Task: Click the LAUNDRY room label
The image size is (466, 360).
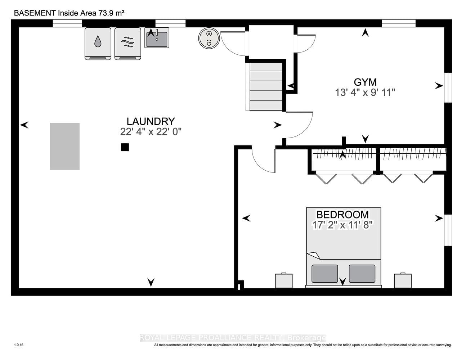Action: point(151,121)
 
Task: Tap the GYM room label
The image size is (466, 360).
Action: point(365,82)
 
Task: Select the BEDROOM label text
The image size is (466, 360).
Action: point(342,215)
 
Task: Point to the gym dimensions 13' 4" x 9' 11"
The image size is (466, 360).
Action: point(365,93)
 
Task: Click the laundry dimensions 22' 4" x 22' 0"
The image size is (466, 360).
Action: point(151,132)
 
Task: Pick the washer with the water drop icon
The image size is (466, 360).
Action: point(98,43)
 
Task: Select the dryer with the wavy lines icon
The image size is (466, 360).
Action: point(127,43)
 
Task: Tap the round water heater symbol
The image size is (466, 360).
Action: point(209,38)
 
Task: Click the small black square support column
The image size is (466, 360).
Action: point(125,147)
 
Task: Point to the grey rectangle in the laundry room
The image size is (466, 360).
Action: point(64,146)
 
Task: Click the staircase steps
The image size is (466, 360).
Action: point(266,86)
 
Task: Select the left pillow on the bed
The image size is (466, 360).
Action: point(324,274)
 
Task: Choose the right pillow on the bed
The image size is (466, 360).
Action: point(362,274)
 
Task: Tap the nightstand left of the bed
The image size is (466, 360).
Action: point(284,280)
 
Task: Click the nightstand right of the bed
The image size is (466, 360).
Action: point(403,280)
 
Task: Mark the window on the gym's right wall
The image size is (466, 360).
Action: point(448,87)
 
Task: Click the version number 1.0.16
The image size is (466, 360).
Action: point(19,345)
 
